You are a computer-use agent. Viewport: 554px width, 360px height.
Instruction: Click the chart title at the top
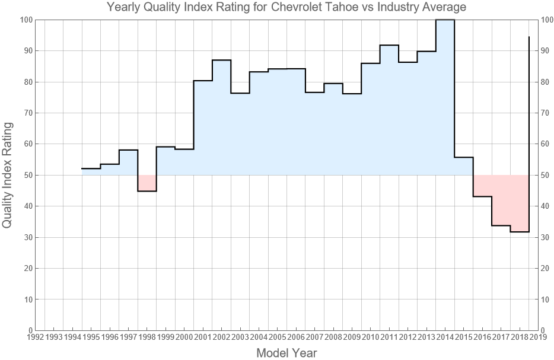pos(286,7)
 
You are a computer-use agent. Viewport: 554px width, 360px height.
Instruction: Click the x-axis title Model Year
pos(286,353)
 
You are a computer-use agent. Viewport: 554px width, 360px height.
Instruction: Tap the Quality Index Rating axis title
pos(8,175)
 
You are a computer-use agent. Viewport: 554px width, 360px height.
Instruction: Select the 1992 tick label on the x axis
pos(35,337)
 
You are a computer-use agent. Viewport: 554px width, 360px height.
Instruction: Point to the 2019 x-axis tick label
pos(537,337)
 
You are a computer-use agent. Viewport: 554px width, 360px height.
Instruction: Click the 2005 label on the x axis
pos(277,337)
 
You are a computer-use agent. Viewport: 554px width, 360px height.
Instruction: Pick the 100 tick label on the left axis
pos(25,20)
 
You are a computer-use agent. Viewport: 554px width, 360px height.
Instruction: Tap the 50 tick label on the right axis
pos(547,175)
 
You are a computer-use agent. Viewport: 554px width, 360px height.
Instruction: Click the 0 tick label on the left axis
pos(28,330)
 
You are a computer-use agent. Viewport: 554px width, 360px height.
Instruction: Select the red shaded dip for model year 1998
pos(147,183)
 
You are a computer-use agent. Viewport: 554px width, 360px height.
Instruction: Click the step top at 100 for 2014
pos(445,20)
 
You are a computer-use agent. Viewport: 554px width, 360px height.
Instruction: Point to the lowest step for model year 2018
pos(519,232)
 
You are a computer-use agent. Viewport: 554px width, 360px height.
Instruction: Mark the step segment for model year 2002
pos(221,60)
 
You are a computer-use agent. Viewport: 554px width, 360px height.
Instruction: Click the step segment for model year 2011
pos(389,45)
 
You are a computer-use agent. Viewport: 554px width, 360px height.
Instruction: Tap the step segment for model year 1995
pos(91,168)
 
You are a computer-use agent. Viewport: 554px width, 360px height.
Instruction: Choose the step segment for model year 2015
pos(463,157)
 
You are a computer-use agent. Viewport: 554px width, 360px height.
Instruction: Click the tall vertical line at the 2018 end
pos(528,119)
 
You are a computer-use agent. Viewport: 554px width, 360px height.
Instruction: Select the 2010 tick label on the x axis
pos(370,337)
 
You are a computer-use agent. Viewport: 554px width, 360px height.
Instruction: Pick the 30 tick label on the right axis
pos(547,237)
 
